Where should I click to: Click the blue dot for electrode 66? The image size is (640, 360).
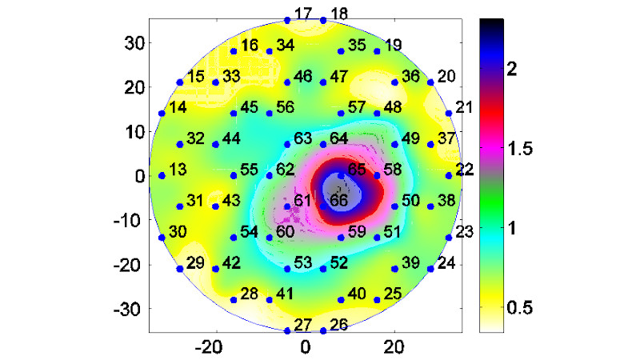click(323, 206)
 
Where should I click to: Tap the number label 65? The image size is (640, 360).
click(356, 170)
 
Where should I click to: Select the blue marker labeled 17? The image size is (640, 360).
click(287, 20)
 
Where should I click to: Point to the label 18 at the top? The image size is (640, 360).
click(338, 14)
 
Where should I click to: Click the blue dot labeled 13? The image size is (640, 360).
click(162, 175)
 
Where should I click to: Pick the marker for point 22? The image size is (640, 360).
click(448, 175)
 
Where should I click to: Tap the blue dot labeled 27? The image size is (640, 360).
click(287, 330)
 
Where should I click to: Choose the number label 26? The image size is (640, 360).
click(338, 325)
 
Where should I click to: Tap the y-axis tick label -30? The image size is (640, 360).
click(129, 308)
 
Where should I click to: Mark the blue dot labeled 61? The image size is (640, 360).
click(287, 206)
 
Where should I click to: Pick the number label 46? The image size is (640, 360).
click(303, 78)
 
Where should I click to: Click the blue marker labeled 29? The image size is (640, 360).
click(179, 269)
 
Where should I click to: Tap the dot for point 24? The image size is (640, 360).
click(430, 269)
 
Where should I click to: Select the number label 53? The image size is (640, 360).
click(303, 262)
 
